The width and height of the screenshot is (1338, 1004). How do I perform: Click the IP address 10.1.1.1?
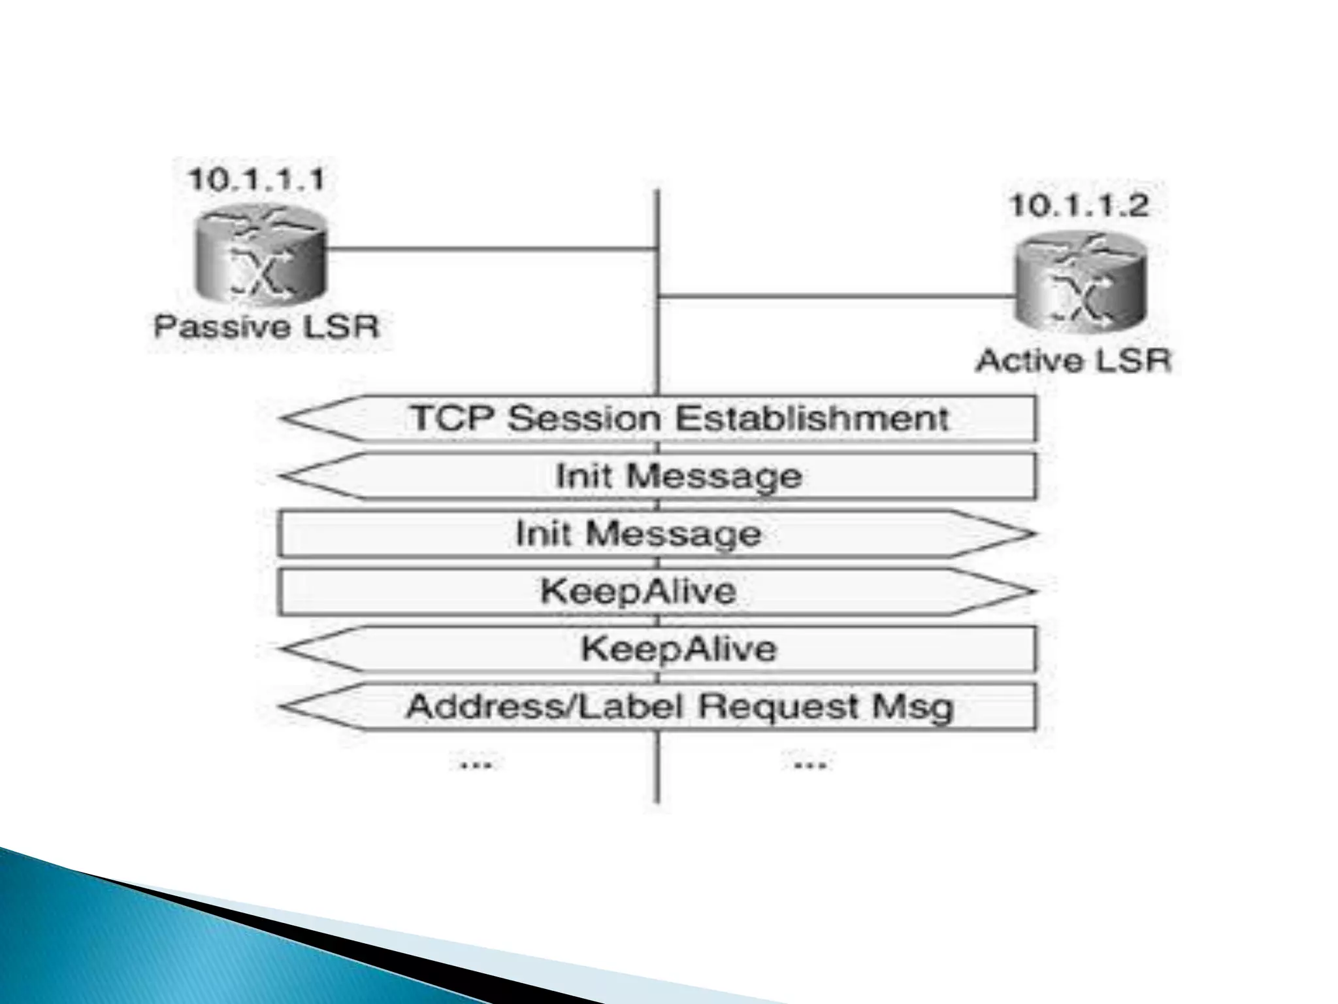pyautogui.click(x=256, y=179)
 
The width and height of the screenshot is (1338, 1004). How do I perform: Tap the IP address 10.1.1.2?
pyautogui.click(x=1079, y=206)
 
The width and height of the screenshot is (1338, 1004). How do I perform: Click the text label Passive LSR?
pyautogui.click(x=267, y=326)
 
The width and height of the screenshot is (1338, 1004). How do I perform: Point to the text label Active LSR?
pyautogui.click(x=1073, y=360)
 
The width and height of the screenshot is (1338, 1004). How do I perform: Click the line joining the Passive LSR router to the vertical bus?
pyautogui.click(x=490, y=249)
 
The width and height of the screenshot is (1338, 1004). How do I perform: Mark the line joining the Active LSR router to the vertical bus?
pyautogui.click(x=836, y=296)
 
